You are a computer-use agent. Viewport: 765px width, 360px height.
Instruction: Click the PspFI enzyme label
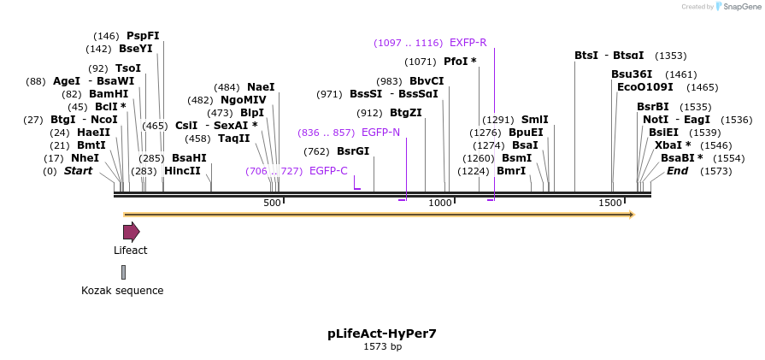pyautogui.click(x=143, y=36)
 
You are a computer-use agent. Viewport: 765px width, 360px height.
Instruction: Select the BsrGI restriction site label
pyautogui.click(x=353, y=151)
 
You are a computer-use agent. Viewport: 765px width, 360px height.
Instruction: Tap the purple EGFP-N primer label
pyautogui.click(x=380, y=133)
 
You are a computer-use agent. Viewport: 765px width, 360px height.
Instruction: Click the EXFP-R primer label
pyautogui.click(x=468, y=43)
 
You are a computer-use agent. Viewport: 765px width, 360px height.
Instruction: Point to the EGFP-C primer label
pyautogui.click(x=328, y=171)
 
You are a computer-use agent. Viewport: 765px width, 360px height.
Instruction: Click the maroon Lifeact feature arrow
pyautogui.click(x=131, y=232)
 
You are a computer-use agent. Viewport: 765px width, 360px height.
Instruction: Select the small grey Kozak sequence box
pyautogui.click(x=123, y=272)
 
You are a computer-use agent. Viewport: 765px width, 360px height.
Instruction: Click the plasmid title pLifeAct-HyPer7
pyautogui.click(x=382, y=333)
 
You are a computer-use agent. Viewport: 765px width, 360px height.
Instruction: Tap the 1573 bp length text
pyautogui.click(x=382, y=347)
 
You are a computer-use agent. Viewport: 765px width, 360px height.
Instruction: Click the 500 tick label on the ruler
pyautogui.click(x=272, y=203)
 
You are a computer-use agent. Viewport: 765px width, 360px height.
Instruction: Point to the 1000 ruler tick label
pyautogui.click(x=439, y=203)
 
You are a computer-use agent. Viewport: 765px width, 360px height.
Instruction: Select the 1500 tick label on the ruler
pyautogui.click(x=610, y=203)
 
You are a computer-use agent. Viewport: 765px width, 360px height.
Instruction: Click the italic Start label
pyautogui.click(x=78, y=171)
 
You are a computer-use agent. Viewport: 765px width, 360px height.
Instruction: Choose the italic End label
pyautogui.click(x=677, y=171)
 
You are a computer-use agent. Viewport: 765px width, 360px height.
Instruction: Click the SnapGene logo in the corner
pyautogui.click(x=735, y=7)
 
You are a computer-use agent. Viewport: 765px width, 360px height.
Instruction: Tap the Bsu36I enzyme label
pyautogui.click(x=632, y=74)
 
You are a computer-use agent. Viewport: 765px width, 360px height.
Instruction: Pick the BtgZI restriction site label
pyautogui.click(x=406, y=113)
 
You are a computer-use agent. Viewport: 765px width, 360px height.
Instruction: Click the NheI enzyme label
pyautogui.click(x=85, y=158)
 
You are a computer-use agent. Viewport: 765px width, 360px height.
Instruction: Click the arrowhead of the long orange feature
pyautogui.click(x=632, y=215)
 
